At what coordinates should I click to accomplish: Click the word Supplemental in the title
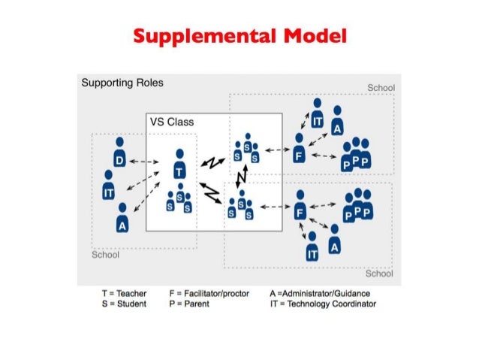pyautogui.click(x=193, y=36)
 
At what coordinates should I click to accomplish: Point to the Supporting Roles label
pyautogui.click(x=122, y=83)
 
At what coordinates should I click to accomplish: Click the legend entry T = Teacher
pyautogui.click(x=125, y=293)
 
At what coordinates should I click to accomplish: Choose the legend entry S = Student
pyautogui.click(x=125, y=304)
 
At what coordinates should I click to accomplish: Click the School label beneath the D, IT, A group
pyautogui.click(x=105, y=255)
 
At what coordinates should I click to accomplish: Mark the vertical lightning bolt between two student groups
pyautogui.click(x=242, y=178)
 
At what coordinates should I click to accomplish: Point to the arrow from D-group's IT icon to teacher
pyautogui.click(x=142, y=181)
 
